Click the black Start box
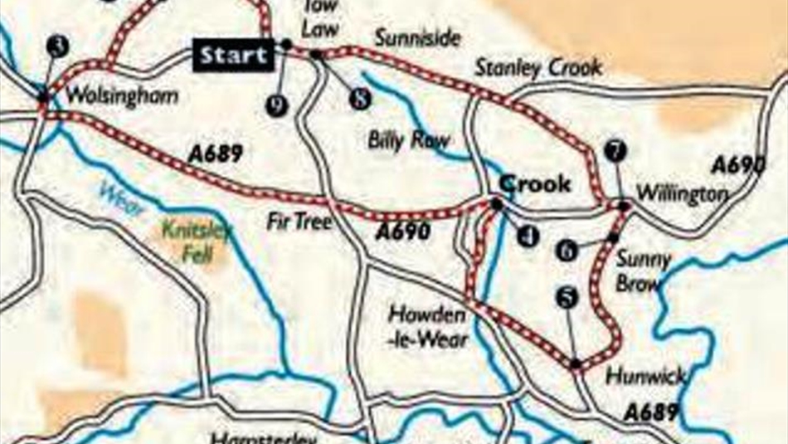(234, 56)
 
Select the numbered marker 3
(56, 47)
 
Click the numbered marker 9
(276, 105)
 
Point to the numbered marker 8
(358, 99)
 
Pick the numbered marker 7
(615, 151)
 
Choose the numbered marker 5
(567, 300)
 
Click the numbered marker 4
(528, 237)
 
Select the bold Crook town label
(535, 183)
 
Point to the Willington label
(681, 194)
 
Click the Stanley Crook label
(538, 68)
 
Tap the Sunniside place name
(417, 38)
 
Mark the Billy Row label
(408, 141)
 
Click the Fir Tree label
(299, 222)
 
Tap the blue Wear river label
(122, 199)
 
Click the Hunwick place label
(645, 376)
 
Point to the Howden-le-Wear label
(430, 327)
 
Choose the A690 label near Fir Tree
(402, 232)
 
